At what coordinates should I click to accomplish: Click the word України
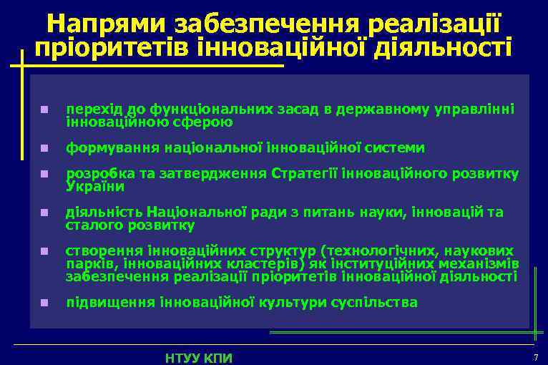click(95, 187)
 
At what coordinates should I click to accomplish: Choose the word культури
click(293, 302)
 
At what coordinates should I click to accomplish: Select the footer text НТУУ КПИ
click(199, 357)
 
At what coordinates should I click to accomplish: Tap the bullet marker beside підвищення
click(44, 303)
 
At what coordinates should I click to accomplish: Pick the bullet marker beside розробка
click(44, 175)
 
